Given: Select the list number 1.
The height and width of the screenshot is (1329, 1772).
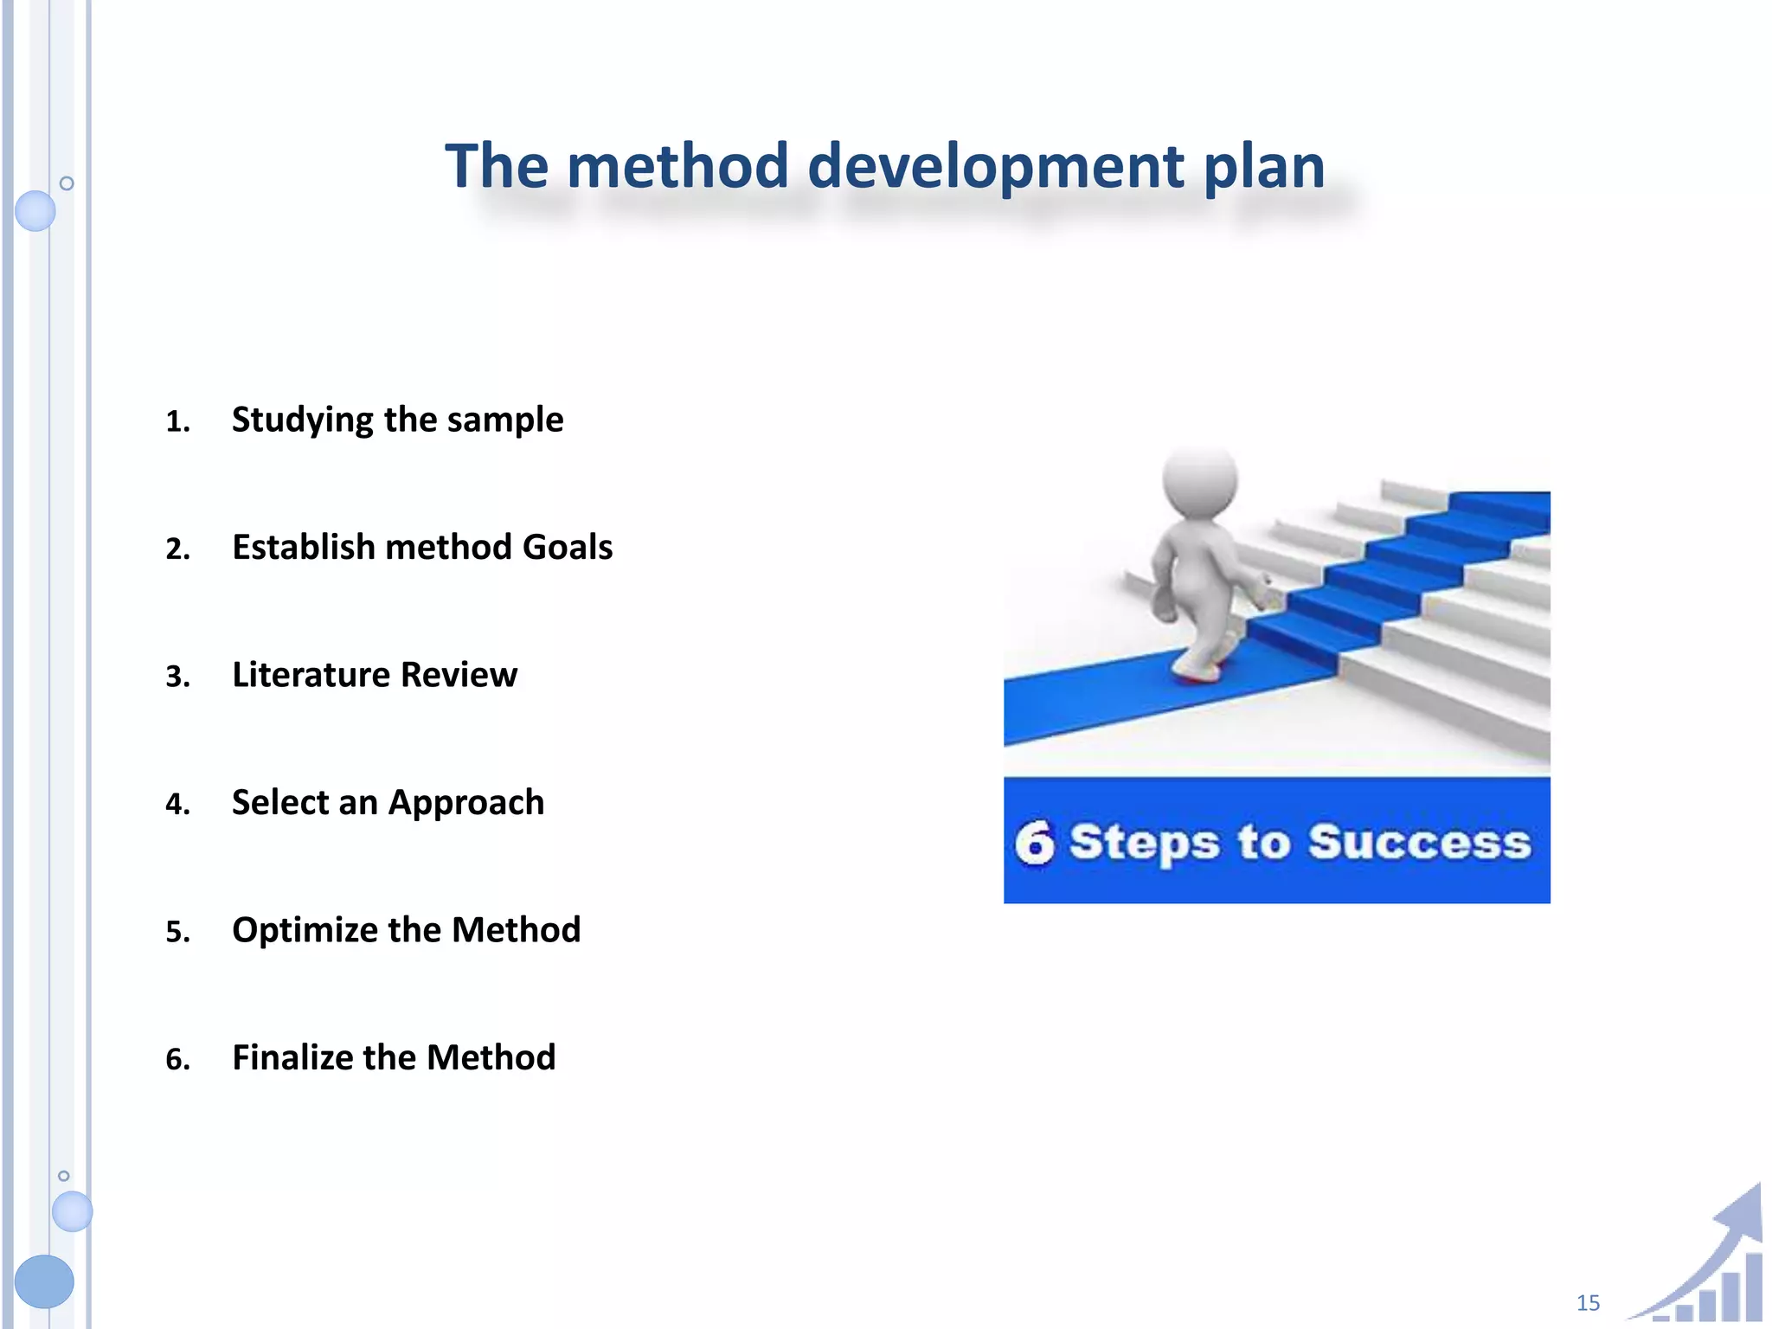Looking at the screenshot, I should (x=177, y=422).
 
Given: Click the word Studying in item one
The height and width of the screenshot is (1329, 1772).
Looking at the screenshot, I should (x=302, y=421).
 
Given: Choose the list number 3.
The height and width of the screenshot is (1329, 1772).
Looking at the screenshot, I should (x=177, y=677).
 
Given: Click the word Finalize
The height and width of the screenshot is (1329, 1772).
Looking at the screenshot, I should (x=291, y=1058).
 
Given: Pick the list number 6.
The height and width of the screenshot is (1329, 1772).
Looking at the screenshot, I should (x=177, y=1060).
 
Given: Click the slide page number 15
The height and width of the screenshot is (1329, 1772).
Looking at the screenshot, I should (x=1588, y=1302).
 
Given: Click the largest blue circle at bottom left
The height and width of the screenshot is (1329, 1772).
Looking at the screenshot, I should (x=44, y=1281).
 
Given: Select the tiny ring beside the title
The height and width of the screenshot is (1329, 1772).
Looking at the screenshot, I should (x=67, y=183).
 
